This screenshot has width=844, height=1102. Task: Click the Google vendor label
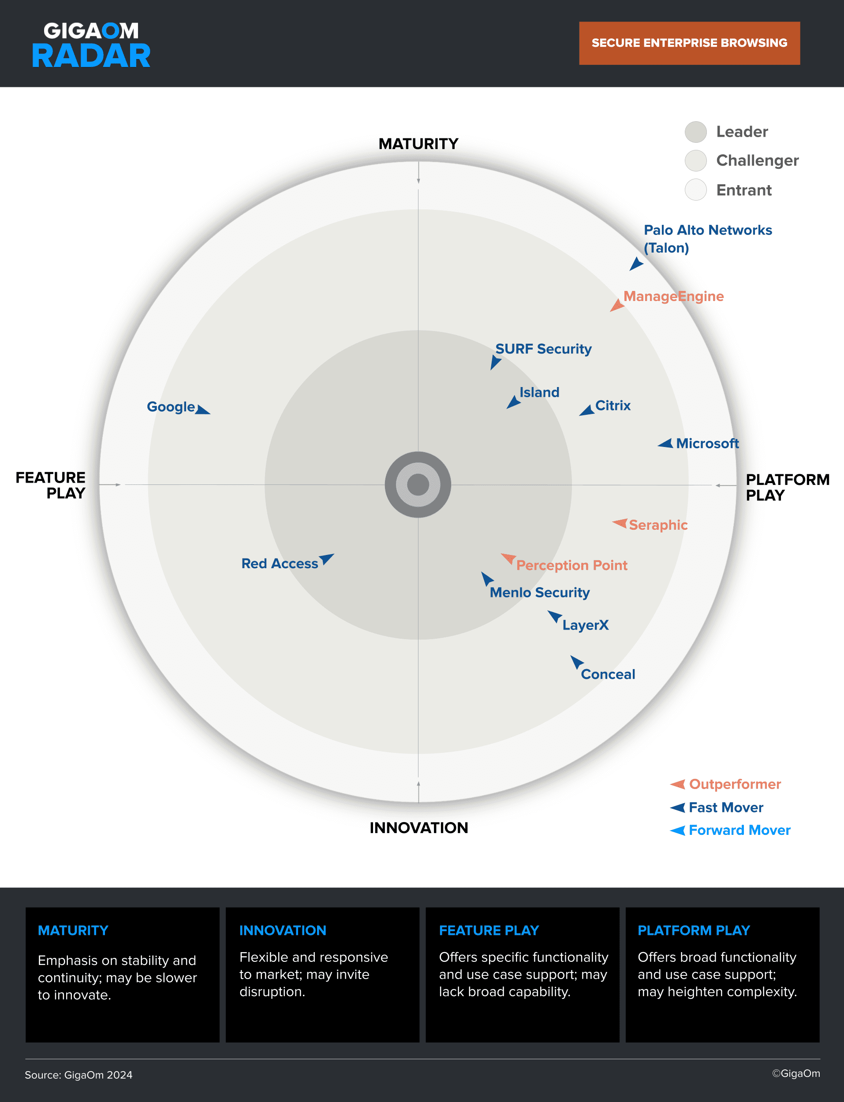[x=171, y=407]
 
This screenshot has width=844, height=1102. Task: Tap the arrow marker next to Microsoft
[x=666, y=443]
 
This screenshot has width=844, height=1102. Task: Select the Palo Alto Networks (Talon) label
[x=708, y=239]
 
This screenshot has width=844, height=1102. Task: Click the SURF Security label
[x=544, y=349]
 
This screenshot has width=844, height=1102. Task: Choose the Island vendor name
[x=539, y=392]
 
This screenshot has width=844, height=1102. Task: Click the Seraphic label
[x=658, y=525]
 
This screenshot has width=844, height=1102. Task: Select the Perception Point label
[x=572, y=565]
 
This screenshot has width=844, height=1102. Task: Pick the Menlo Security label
[x=540, y=592]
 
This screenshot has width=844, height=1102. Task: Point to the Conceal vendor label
[x=608, y=674]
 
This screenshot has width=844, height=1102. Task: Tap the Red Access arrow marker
[x=327, y=559]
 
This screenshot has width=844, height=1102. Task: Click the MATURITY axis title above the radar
[x=418, y=144]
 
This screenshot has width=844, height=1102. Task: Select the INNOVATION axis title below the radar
[x=419, y=828]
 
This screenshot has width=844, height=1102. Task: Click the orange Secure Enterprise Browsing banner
[x=689, y=43]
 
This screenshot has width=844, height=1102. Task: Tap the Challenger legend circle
[x=696, y=160]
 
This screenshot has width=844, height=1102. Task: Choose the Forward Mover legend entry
[x=730, y=830]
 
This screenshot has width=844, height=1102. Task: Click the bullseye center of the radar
[x=418, y=484]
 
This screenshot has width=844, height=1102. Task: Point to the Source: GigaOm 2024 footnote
[x=79, y=1075]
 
